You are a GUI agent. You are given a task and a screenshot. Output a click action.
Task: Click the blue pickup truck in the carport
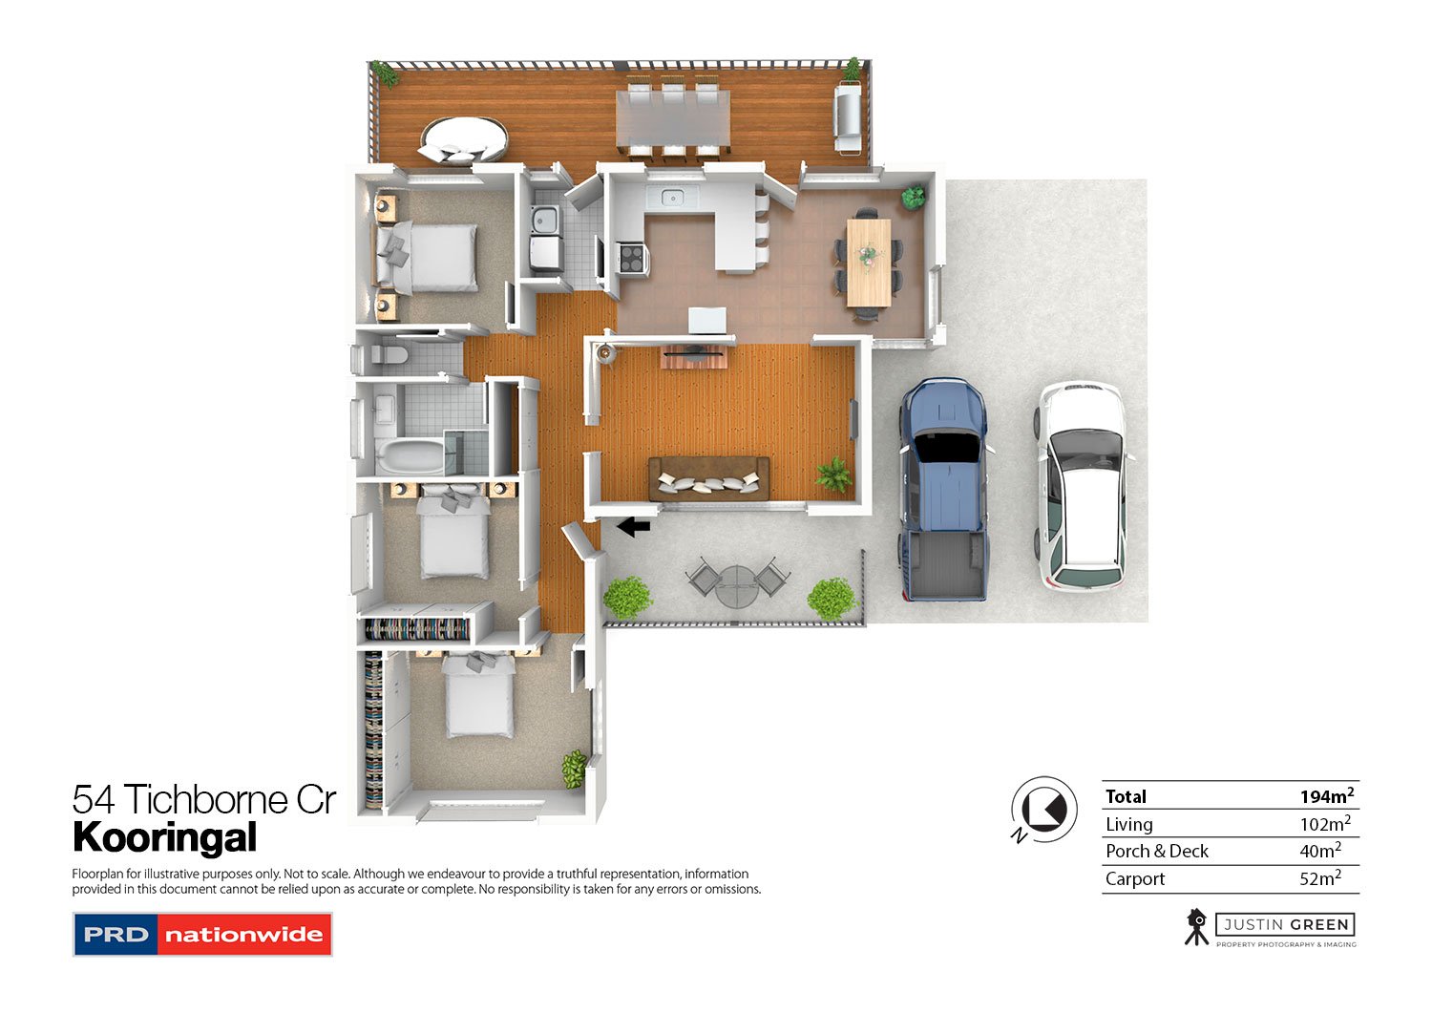pyautogui.click(x=945, y=489)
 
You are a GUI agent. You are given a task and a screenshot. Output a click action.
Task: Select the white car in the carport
pyautogui.click(x=1082, y=486)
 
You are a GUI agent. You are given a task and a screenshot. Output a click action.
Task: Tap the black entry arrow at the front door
pyautogui.click(x=634, y=527)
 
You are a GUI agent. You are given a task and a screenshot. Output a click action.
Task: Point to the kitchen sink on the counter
pyautogui.click(x=672, y=198)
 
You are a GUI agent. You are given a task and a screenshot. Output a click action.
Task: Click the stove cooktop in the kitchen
pyautogui.click(x=632, y=259)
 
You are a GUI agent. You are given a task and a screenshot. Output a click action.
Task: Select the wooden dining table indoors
pyautogui.click(x=868, y=263)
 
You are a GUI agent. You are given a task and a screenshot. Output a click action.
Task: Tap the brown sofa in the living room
pyautogui.click(x=709, y=478)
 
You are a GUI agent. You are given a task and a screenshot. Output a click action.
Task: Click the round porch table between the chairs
pyautogui.click(x=736, y=586)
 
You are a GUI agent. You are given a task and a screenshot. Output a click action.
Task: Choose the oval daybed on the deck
pyautogui.click(x=463, y=140)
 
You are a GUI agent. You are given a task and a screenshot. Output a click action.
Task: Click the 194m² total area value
pyautogui.click(x=1327, y=796)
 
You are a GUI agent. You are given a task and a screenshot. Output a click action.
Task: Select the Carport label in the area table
pyautogui.click(x=1135, y=878)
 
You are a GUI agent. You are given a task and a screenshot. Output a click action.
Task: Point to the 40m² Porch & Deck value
pyautogui.click(x=1320, y=851)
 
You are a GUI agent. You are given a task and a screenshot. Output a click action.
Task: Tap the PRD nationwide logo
pyautogui.click(x=202, y=935)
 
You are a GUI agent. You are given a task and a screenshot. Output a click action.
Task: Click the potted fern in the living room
pyautogui.click(x=833, y=475)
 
